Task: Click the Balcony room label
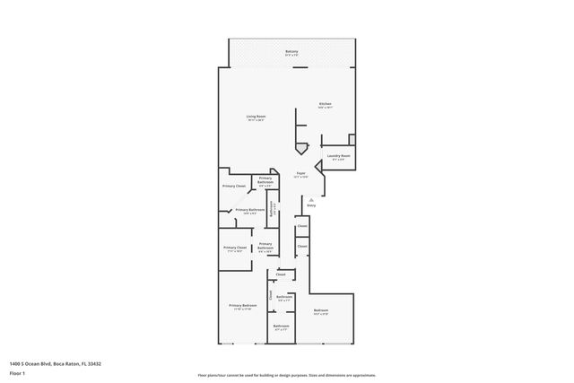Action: [291, 53]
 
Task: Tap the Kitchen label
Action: [325, 105]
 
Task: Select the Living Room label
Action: [257, 118]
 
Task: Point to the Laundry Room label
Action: [339, 156]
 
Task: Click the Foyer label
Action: [301, 174]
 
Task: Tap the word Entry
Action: [311, 205]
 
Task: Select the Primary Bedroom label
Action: [242, 307]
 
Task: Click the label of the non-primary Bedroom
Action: [321, 312]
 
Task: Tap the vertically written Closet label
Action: [271, 293]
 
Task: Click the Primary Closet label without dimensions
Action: [234, 186]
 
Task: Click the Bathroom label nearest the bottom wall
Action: [281, 326]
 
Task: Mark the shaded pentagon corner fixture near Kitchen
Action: [300, 145]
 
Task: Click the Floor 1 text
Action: [17, 372]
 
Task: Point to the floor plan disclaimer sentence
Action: [286, 374]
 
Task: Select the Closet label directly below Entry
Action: [302, 227]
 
